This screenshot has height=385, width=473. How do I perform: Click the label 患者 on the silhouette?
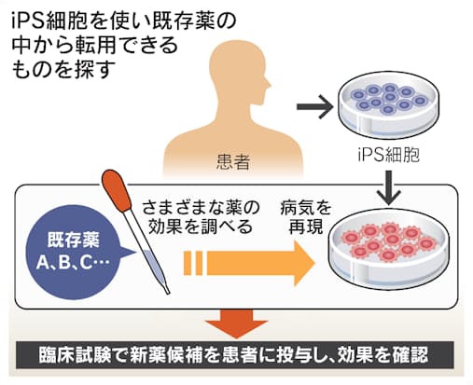[233, 162]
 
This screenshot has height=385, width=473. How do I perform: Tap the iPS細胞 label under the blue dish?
[388, 155]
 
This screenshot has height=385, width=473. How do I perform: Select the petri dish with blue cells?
[388, 106]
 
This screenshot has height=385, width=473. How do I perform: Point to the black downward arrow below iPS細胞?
[389, 187]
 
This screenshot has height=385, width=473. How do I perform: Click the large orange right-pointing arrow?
[250, 263]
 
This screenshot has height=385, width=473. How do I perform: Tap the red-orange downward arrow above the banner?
[237, 323]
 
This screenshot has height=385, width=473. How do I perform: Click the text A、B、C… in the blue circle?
[74, 263]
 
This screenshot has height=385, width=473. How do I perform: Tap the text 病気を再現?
[305, 218]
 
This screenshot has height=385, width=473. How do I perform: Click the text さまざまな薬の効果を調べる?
[201, 218]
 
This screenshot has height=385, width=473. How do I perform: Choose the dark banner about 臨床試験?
[234, 355]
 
